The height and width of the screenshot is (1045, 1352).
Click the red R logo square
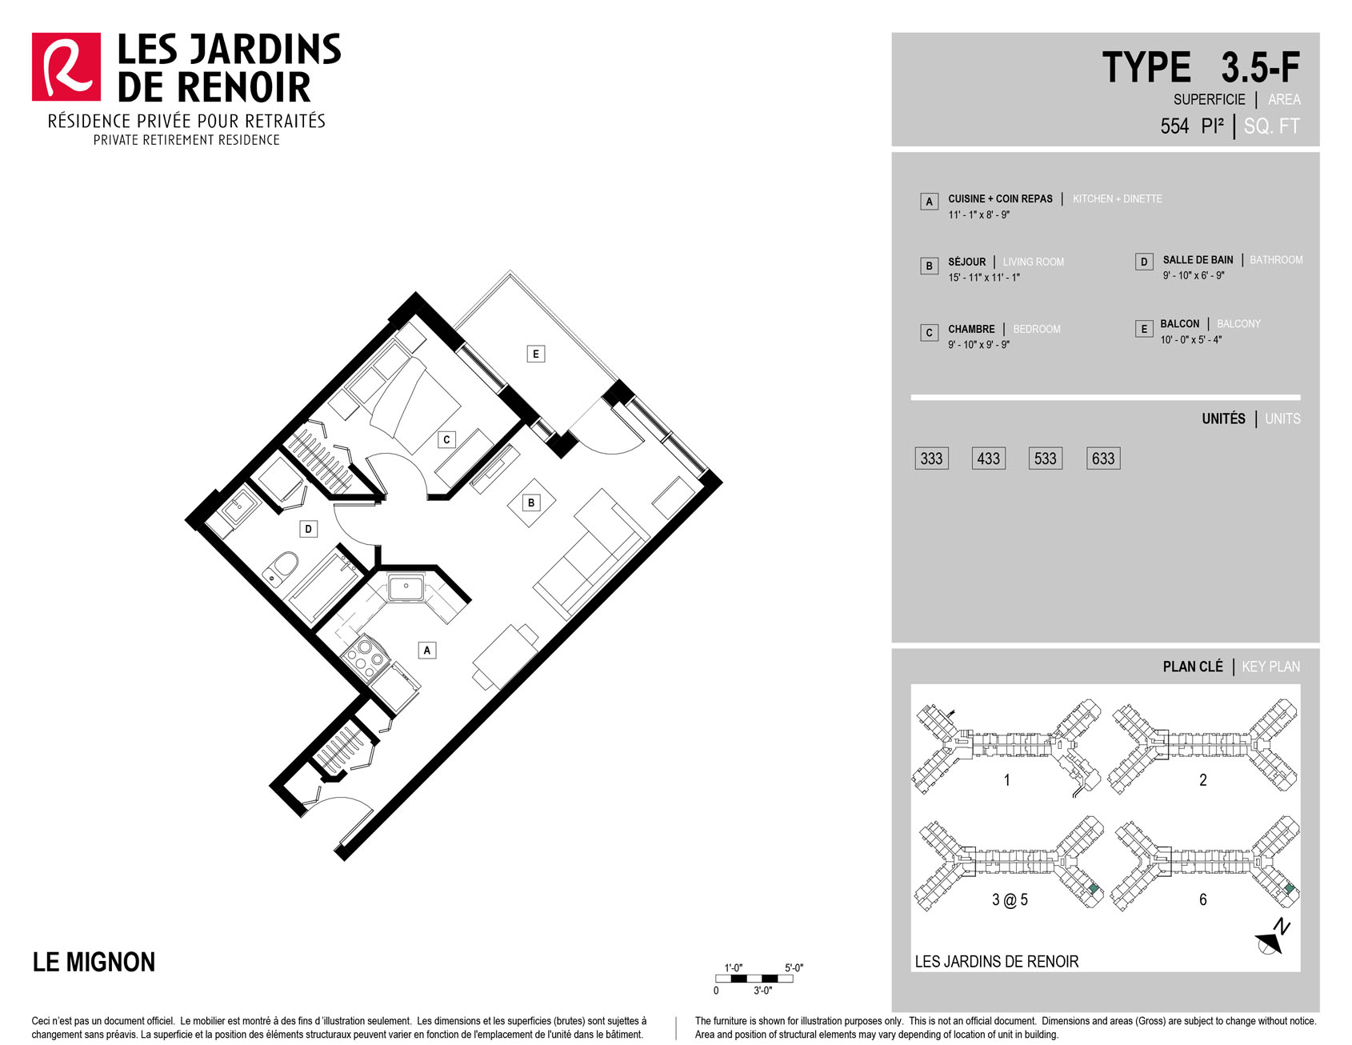click(x=66, y=67)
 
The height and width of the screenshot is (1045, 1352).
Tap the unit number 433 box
click(x=988, y=458)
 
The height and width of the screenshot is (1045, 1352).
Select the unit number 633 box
click(x=1103, y=458)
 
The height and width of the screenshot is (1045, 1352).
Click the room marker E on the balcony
click(x=536, y=354)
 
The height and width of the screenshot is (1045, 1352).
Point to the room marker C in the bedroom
click(x=446, y=439)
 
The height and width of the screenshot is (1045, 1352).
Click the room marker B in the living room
click(x=531, y=502)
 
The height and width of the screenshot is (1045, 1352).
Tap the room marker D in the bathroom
click(x=308, y=529)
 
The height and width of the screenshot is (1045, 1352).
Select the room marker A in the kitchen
click(x=427, y=650)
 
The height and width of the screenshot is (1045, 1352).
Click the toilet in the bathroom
click(x=281, y=568)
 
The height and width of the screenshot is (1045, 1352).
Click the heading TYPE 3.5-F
click(x=1201, y=67)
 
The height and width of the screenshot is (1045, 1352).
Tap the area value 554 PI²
click(x=1192, y=126)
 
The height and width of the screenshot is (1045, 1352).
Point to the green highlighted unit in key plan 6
click(x=1289, y=889)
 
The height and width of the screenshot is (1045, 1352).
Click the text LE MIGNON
click(x=94, y=962)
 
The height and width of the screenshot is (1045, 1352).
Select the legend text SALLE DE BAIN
click(x=1198, y=260)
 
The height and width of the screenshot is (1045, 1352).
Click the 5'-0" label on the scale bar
click(x=794, y=968)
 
